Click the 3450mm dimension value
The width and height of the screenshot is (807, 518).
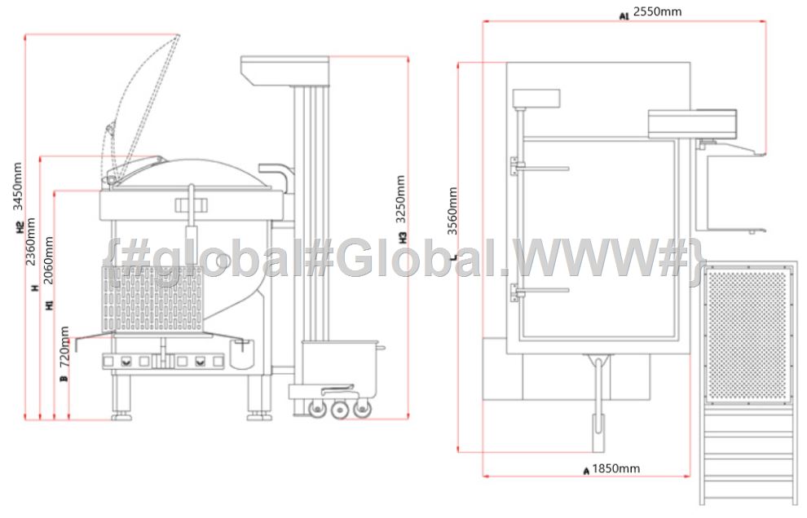click(17, 187)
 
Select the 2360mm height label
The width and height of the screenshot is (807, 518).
click(31, 242)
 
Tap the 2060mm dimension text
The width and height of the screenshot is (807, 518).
click(48, 261)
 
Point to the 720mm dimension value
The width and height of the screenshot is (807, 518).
click(64, 346)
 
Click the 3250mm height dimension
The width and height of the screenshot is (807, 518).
click(401, 200)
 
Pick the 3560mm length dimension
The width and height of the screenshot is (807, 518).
click(452, 211)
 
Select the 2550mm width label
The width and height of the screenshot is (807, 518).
click(657, 11)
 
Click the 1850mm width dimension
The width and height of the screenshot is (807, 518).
click(616, 468)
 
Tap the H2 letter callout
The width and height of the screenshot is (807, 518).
click(20, 227)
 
